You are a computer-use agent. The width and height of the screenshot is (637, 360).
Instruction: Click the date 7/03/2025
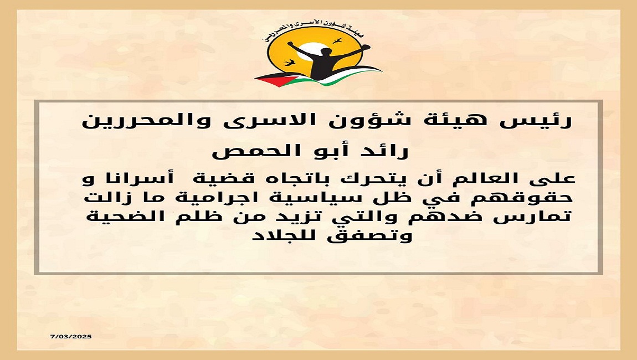pos(71,336)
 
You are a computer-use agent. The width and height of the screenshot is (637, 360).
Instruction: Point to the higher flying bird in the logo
pos(337,40)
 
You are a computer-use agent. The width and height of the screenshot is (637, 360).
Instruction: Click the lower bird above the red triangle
pos(290,63)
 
